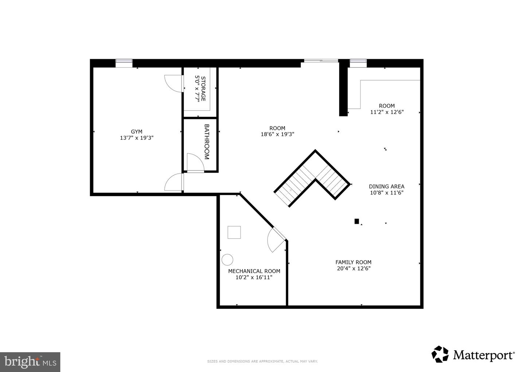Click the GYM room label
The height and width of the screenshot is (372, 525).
(137, 131)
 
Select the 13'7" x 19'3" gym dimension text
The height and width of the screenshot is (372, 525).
(137, 138)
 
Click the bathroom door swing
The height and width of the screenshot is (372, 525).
(195, 162)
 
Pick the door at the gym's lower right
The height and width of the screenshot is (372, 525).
(174, 182)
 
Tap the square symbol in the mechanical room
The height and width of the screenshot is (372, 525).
(234, 232)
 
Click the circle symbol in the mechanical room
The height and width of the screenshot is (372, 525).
(227, 260)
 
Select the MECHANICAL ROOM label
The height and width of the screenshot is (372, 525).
(254, 271)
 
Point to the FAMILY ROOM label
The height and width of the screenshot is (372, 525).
(353, 262)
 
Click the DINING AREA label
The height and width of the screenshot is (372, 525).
(386, 186)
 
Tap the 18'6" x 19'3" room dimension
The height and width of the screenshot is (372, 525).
(277, 134)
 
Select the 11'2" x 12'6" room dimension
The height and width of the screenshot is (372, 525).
(387, 112)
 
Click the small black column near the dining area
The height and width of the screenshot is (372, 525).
(357, 221)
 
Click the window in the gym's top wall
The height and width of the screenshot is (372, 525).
(124, 63)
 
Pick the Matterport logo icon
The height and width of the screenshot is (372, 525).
(440, 354)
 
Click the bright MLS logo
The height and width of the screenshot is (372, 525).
(30, 362)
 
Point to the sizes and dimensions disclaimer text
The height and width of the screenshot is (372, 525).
(262, 361)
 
